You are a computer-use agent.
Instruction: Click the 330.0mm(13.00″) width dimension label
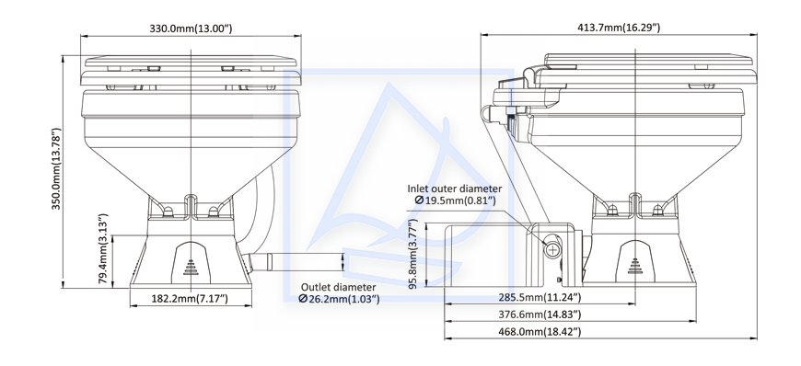click(x=191, y=29)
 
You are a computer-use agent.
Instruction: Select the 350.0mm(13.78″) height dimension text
click(x=56, y=168)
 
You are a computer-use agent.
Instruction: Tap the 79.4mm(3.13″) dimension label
click(x=103, y=248)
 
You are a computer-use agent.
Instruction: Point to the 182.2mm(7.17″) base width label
click(x=190, y=299)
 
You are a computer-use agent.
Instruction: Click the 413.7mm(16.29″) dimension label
click(x=619, y=28)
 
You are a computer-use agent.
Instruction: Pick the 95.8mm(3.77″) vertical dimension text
click(x=413, y=254)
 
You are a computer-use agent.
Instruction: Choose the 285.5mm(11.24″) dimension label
click(x=540, y=297)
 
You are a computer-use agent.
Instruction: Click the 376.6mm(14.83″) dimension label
click(x=540, y=315)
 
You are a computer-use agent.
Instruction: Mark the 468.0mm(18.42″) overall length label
click(x=540, y=332)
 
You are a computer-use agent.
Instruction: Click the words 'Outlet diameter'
click(x=338, y=288)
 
